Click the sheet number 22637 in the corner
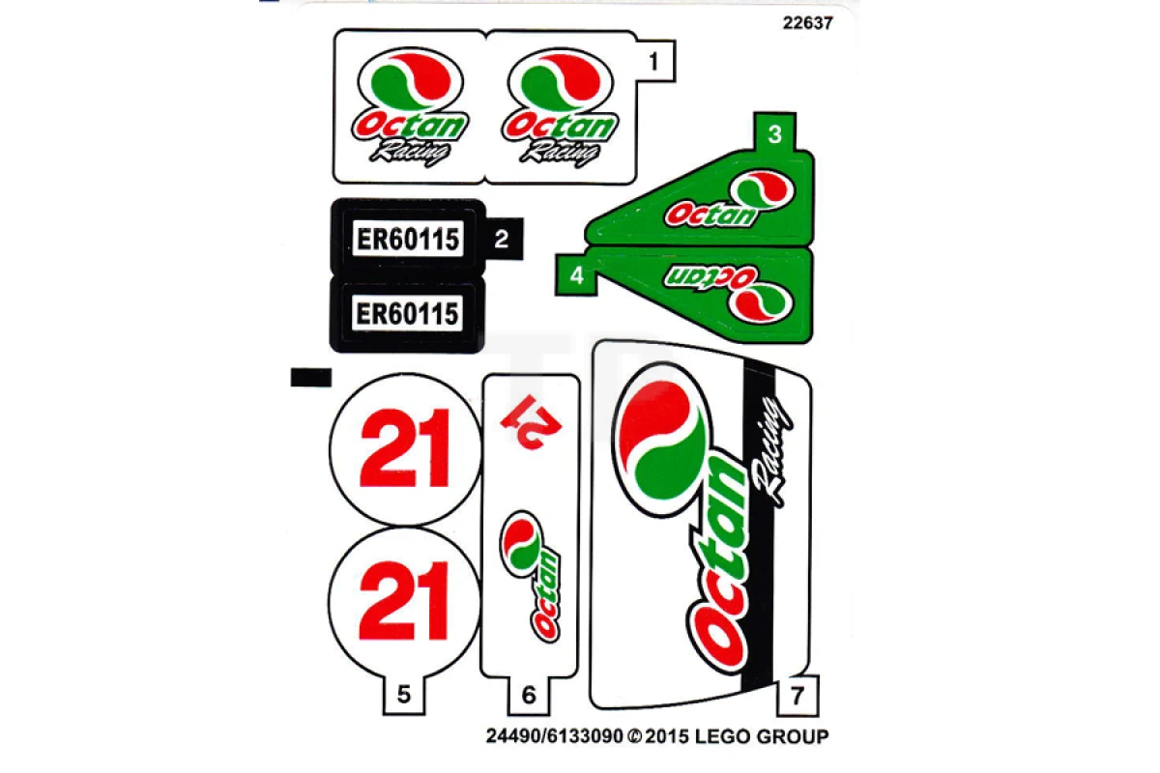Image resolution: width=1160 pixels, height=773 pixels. (807, 23)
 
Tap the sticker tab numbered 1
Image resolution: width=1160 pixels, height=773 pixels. (654, 62)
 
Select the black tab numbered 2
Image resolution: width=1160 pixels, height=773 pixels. (503, 240)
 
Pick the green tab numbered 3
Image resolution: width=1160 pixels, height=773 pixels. (774, 132)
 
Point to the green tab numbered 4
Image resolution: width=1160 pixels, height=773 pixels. (576, 275)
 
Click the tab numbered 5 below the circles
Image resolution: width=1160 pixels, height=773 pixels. (404, 695)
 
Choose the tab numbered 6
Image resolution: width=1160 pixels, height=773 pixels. (529, 695)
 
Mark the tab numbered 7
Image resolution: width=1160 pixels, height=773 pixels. (797, 696)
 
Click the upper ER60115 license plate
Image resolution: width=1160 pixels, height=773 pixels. (408, 239)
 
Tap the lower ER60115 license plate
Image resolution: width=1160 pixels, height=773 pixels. (408, 314)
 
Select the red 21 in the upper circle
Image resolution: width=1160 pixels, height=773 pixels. (404, 448)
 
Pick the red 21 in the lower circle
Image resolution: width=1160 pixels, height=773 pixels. (403, 601)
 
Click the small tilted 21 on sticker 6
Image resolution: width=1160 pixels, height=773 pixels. (532, 422)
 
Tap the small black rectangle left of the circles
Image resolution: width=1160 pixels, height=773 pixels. (310, 378)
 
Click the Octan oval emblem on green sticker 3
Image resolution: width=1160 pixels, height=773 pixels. (762, 190)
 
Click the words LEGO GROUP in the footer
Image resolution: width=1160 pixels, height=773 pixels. (762, 736)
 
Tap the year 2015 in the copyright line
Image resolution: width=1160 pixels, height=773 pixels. (667, 736)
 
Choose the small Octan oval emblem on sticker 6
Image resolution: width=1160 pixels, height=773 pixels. (521, 544)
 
